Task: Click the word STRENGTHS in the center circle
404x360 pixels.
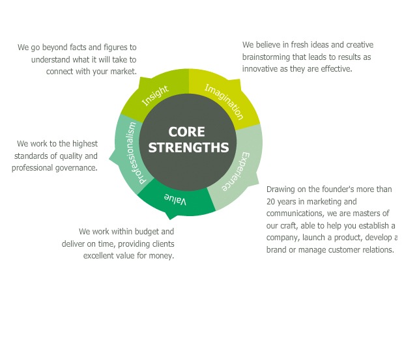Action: click(188, 147)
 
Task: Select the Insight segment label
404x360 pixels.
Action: click(155, 96)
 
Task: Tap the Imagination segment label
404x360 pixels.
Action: click(224, 102)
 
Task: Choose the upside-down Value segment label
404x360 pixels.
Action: click(175, 199)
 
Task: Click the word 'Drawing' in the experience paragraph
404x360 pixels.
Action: click(281, 189)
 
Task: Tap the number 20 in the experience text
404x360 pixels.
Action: click(272, 202)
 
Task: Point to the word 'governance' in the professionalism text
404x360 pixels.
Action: click(77, 168)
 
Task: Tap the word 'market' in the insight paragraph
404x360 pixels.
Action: click(121, 72)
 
